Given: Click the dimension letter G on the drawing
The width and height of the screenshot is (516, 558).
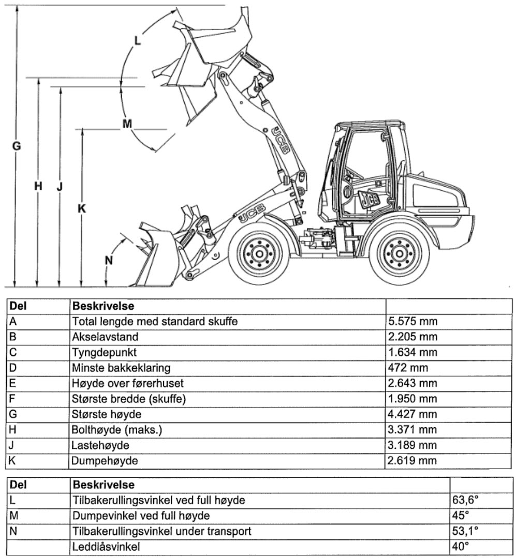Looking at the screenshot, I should coord(17,146).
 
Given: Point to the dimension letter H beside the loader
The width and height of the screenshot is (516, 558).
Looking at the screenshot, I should coord(38,186).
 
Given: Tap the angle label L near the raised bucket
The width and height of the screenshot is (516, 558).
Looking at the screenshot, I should coord(137,40).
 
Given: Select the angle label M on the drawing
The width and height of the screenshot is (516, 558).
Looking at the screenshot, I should coord(127,124).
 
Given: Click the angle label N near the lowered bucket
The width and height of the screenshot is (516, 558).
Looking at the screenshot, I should coord(109,260).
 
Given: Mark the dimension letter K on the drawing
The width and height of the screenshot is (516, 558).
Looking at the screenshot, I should coord(81,208).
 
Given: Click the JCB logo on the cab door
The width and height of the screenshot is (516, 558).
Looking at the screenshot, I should coord(369,199).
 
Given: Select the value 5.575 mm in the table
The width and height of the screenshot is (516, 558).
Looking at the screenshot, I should coord(412,322).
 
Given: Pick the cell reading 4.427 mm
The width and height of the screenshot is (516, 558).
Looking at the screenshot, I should coord(412,414).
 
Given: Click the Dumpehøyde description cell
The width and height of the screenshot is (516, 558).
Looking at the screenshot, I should coord(105,461).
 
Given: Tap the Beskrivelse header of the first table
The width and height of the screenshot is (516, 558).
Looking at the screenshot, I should coord(103,307).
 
